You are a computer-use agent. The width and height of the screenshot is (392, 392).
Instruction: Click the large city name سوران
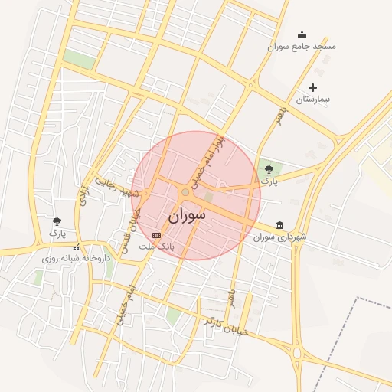click(x=187, y=215)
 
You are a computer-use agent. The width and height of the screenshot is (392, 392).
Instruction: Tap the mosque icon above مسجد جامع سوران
click(x=302, y=34)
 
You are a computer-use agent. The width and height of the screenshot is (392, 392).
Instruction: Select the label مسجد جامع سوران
click(x=302, y=47)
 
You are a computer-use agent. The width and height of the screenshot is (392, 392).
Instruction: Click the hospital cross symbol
click(x=312, y=88)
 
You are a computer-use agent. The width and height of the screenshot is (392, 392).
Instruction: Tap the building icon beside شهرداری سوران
click(x=280, y=225)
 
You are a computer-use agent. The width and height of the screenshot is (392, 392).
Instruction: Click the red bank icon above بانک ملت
click(x=157, y=235)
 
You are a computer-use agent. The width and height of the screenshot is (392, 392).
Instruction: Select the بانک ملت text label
click(x=157, y=247)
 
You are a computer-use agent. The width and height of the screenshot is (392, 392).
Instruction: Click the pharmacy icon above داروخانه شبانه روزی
click(x=75, y=247)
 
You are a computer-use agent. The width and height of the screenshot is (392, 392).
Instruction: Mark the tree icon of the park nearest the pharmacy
click(x=57, y=221)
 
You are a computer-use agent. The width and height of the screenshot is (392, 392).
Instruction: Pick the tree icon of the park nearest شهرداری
click(x=267, y=169)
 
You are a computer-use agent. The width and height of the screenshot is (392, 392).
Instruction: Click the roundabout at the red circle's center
click(x=185, y=192)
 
